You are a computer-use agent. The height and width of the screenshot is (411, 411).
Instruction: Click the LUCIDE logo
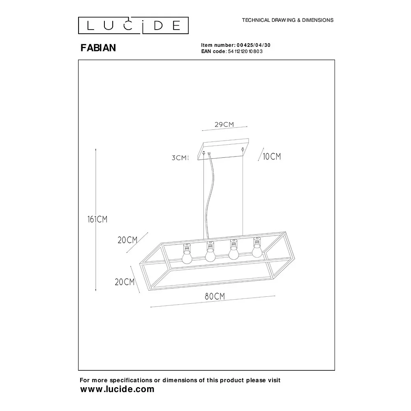pyautogui.click(x=134, y=25)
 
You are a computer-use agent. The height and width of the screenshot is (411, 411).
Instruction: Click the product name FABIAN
pyautogui.click(x=98, y=48)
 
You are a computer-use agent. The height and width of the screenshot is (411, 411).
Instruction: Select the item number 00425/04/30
pyautogui.click(x=254, y=45)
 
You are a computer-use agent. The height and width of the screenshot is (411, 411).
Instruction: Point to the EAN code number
pyautogui.click(x=245, y=51)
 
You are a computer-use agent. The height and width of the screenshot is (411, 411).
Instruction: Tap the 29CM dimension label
pyautogui.click(x=224, y=124)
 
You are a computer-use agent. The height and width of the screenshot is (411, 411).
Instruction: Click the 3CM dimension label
pyautogui.click(x=180, y=157)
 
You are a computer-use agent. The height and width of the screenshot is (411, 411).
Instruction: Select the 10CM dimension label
pyautogui.click(x=272, y=157)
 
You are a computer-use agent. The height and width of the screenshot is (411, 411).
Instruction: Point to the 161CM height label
pyautogui.click(x=97, y=219)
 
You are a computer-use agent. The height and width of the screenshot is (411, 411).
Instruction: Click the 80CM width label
pyautogui.click(x=215, y=296)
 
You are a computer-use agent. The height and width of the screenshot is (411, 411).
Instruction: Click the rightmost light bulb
pyautogui.click(x=257, y=247)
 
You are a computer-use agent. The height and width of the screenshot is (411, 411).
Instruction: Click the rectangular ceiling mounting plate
pyautogui.click(x=223, y=149)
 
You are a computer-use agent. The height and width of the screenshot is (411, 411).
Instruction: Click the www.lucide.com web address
pyautogui.click(x=117, y=389)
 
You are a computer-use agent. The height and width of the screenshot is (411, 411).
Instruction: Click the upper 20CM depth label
pyautogui.click(x=127, y=240)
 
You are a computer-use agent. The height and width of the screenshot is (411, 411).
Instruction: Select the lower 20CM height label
pyautogui.click(x=125, y=282)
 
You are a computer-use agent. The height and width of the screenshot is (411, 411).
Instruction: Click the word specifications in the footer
pyautogui.click(x=131, y=380)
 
